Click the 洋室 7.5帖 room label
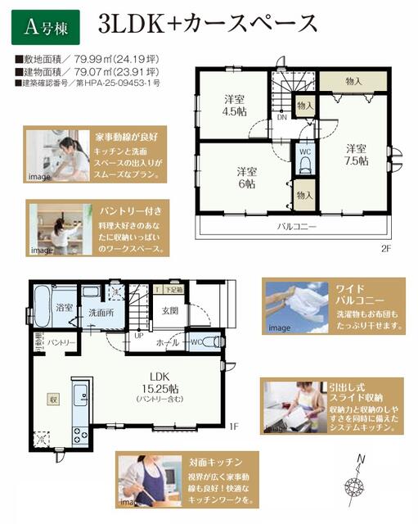pyautogui.click(x=355, y=154)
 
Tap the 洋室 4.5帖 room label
pyautogui.click(x=236, y=106)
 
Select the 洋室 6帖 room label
pyautogui.click(x=248, y=178)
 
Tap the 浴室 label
pyautogui.click(x=65, y=308)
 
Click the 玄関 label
pyautogui.click(x=170, y=310)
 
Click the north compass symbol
pyautogui.click(x=357, y=481)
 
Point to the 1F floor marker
pyautogui.click(x=232, y=427)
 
